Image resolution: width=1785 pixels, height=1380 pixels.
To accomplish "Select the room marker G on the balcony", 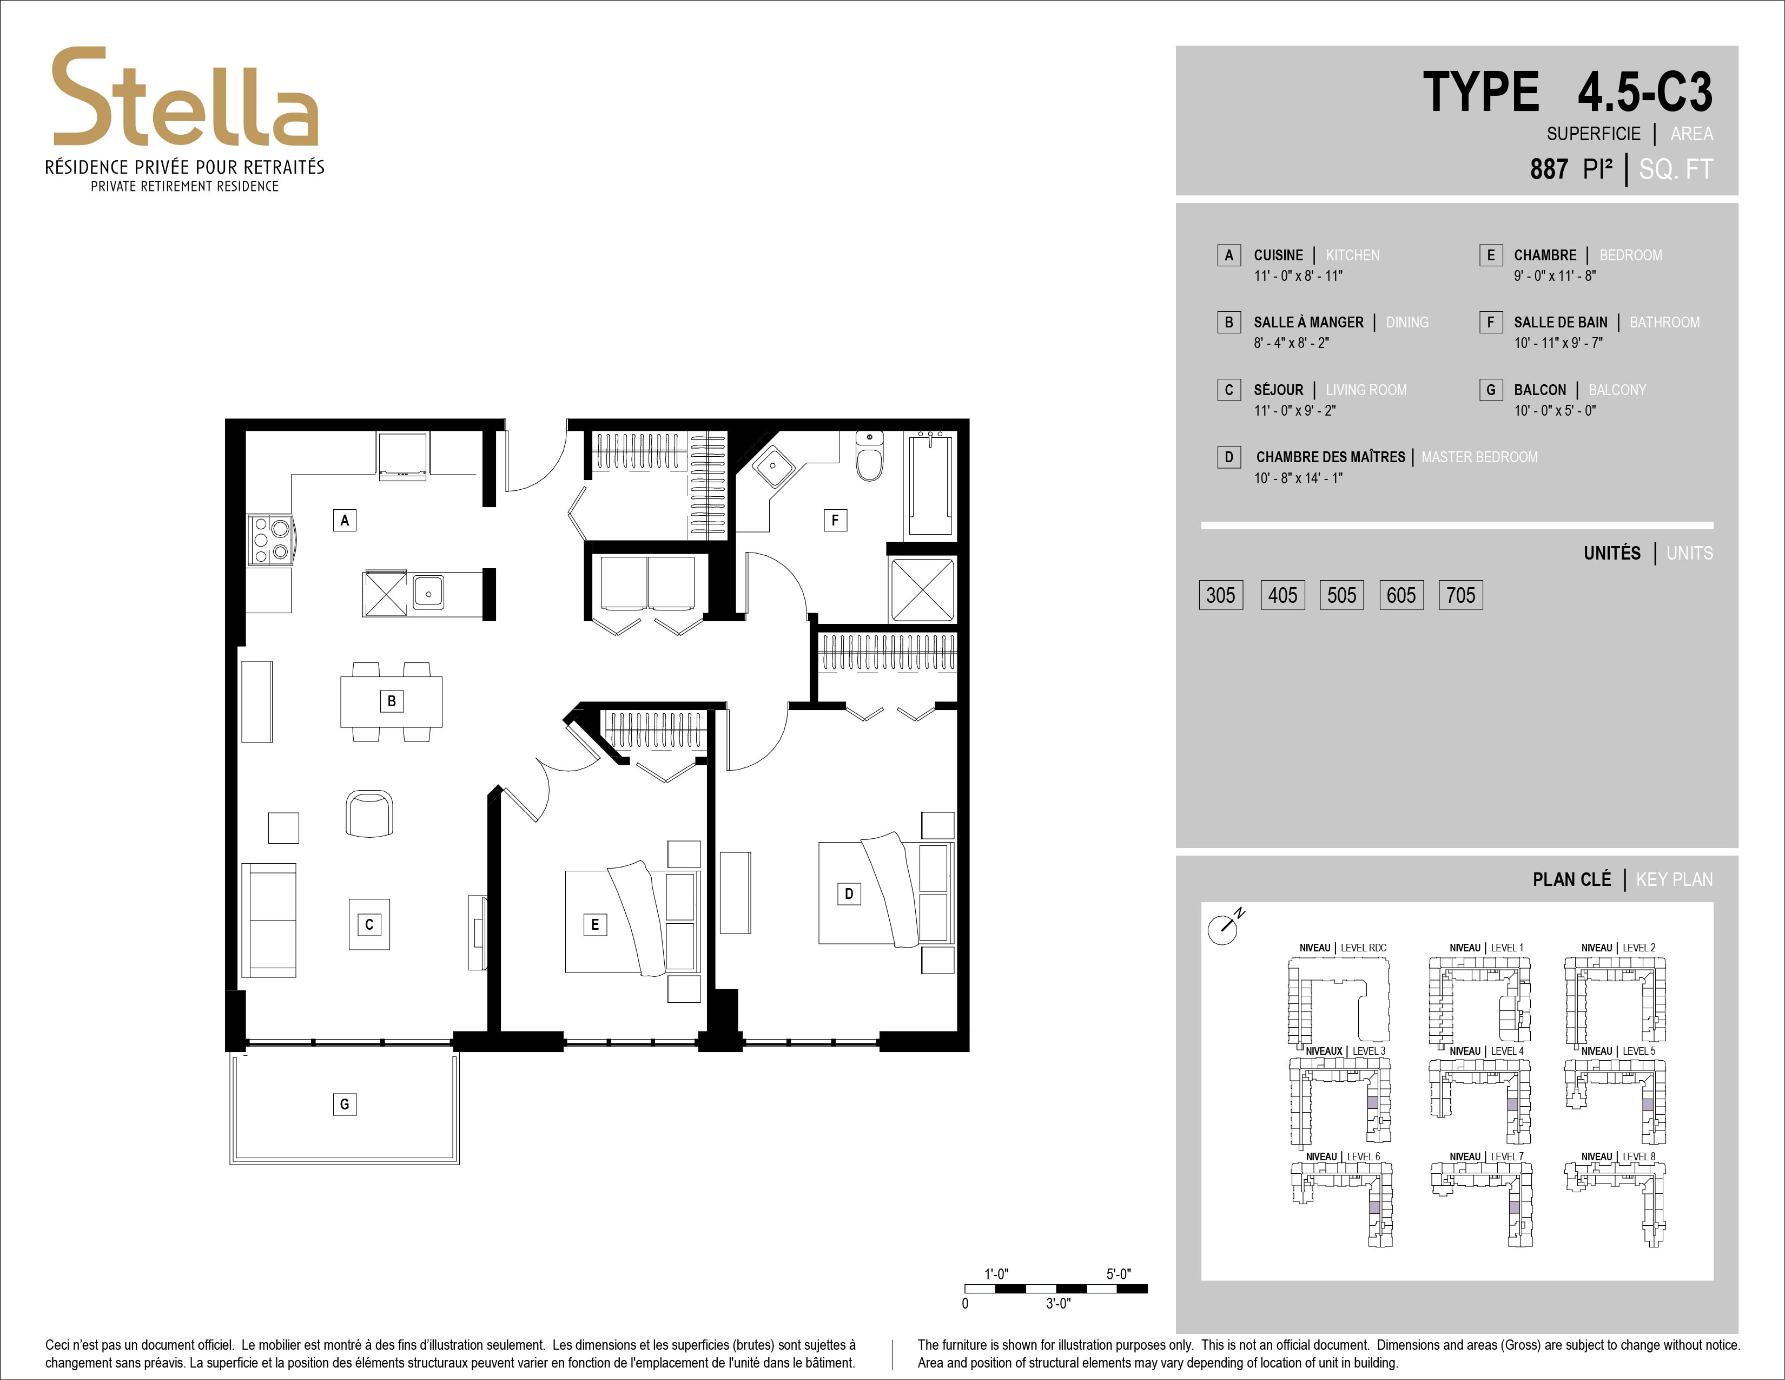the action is [x=344, y=1105].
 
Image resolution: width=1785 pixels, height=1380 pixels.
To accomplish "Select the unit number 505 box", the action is [x=1341, y=595].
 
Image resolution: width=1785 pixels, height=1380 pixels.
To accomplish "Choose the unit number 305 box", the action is [x=1220, y=595].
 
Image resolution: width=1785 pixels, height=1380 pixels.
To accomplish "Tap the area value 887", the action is [x=1549, y=169].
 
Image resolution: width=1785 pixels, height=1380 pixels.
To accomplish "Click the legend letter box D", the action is [x=1228, y=457].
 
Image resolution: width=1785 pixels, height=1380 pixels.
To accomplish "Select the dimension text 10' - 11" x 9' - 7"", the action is [x=1558, y=343].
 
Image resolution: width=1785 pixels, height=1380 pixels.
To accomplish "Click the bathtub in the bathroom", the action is [x=930, y=484].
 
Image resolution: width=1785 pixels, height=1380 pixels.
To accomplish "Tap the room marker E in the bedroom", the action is [x=595, y=925].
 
